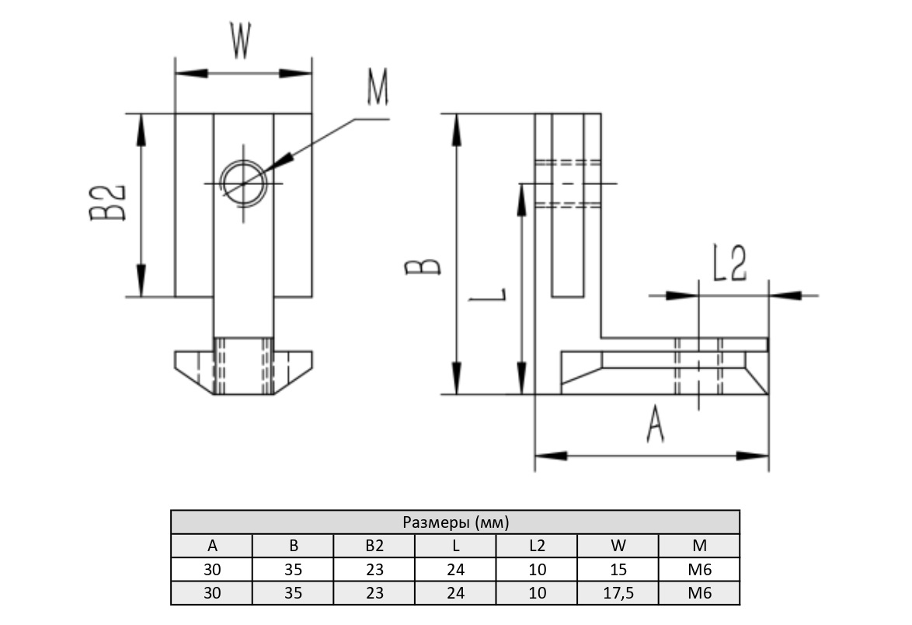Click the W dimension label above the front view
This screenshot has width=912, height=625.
click(240, 42)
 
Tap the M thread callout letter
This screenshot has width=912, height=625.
click(377, 90)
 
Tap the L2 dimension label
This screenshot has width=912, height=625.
click(730, 266)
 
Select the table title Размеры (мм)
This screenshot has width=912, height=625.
click(455, 522)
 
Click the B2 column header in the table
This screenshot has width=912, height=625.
click(374, 546)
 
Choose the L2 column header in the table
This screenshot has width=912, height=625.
click(537, 546)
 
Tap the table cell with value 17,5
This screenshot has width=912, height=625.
click(618, 593)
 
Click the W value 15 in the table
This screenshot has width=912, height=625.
click(618, 570)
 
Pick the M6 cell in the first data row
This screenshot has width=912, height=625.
click(699, 570)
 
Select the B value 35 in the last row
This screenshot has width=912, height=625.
click(294, 593)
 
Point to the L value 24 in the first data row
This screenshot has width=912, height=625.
click(456, 570)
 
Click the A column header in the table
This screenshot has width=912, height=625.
click(212, 546)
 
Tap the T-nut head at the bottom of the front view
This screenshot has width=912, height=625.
click(243, 372)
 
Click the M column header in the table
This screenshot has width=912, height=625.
click(699, 546)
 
